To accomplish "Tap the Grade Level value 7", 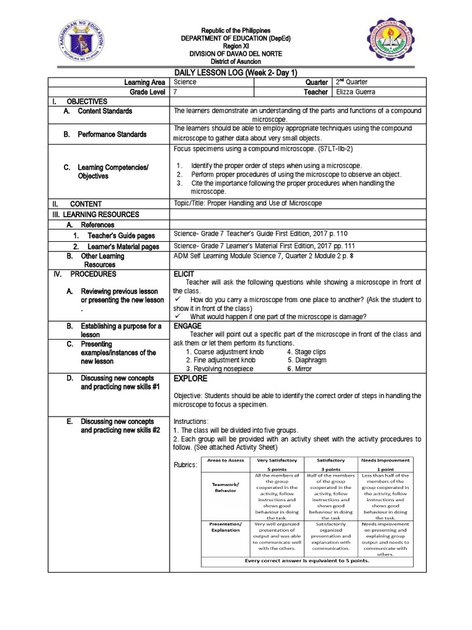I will [x=176, y=92].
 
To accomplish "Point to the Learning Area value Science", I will [x=186, y=82].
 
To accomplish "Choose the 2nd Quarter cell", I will [x=352, y=82].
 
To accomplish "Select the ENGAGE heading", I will [x=187, y=325].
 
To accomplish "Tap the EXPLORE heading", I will [x=191, y=378].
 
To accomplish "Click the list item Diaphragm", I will [x=307, y=360].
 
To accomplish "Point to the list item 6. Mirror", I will [x=299, y=369].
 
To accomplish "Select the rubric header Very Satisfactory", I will [x=277, y=460].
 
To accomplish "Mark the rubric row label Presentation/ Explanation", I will [x=226, y=527].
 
